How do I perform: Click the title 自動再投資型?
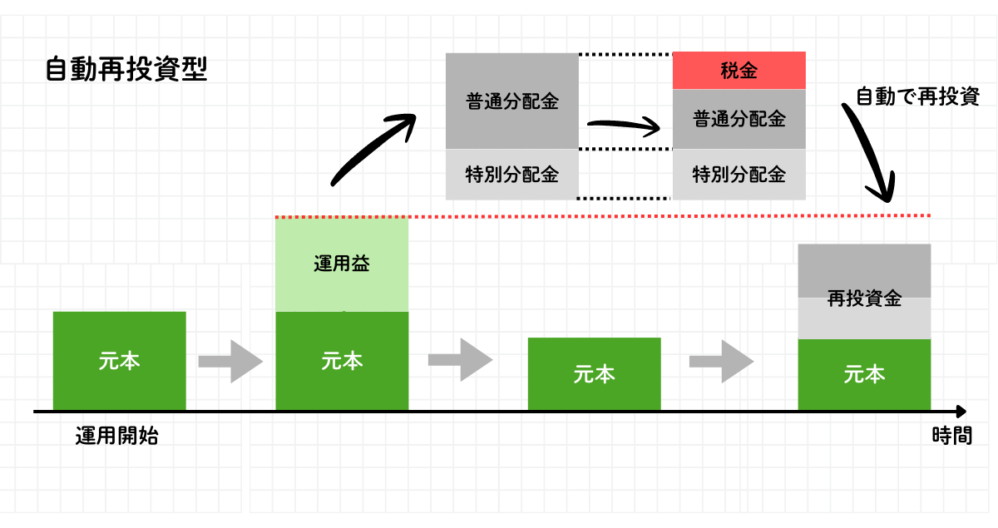(126, 69)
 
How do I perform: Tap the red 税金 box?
(739, 71)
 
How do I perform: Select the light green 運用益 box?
(342, 264)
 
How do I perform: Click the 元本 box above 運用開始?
(119, 361)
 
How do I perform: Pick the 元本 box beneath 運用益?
(342, 361)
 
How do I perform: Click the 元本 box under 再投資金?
(864, 375)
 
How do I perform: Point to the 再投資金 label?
(864, 299)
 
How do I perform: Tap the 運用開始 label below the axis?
(116, 436)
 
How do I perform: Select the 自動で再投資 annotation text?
(917, 96)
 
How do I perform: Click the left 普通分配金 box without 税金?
(511, 101)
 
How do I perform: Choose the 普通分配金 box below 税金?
(739, 119)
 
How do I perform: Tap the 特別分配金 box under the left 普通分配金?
(511, 175)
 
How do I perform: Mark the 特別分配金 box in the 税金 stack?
(739, 175)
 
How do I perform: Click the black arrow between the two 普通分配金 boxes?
(624, 126)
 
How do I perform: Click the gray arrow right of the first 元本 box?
(230, 361)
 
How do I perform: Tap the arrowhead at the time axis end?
(961, 412)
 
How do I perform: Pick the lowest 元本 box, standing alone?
(594, 374)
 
